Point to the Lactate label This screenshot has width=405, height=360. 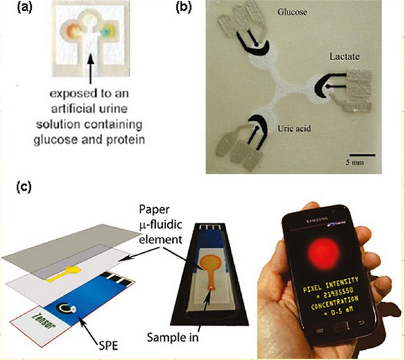[x=345, y=59]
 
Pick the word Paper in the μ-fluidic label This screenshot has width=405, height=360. [x=154, y=211]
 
